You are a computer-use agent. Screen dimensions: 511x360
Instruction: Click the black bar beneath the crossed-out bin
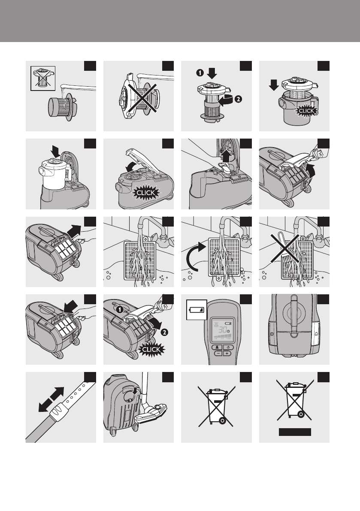point(295,432)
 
